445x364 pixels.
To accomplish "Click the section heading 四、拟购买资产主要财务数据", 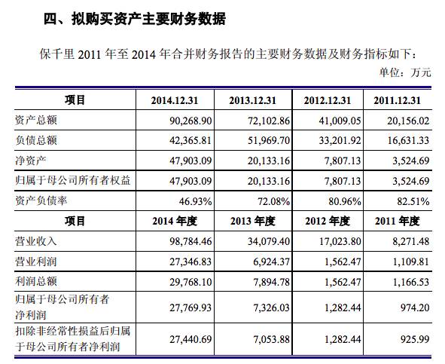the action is (135, 20).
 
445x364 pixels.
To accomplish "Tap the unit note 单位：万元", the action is (405, 72).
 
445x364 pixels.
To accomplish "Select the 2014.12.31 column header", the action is (175, 100).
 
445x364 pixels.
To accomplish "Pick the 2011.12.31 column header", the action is (397, 100).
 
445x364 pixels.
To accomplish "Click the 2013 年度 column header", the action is (252, 221).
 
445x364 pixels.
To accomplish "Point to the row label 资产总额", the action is (36, 120).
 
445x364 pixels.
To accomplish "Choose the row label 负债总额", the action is (36, 140).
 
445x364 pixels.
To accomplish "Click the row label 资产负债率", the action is (41, 200).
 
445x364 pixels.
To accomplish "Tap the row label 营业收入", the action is (36, 241).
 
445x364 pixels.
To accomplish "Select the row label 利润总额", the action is (36, 281).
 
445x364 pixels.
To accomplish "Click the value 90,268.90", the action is (190, 121).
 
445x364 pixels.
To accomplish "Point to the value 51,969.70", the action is (269, 140).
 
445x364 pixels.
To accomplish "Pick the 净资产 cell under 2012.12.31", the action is (343, 161).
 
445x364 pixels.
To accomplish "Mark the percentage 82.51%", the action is (413, 201).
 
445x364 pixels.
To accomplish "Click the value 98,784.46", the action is (190, 241).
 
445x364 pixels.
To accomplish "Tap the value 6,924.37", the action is (272, 262).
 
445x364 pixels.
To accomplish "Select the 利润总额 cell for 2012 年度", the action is (343, 282).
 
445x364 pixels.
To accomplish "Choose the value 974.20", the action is (415, 307).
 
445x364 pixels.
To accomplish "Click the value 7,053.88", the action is (272, 339).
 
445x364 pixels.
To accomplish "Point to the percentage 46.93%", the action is (195, 201).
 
